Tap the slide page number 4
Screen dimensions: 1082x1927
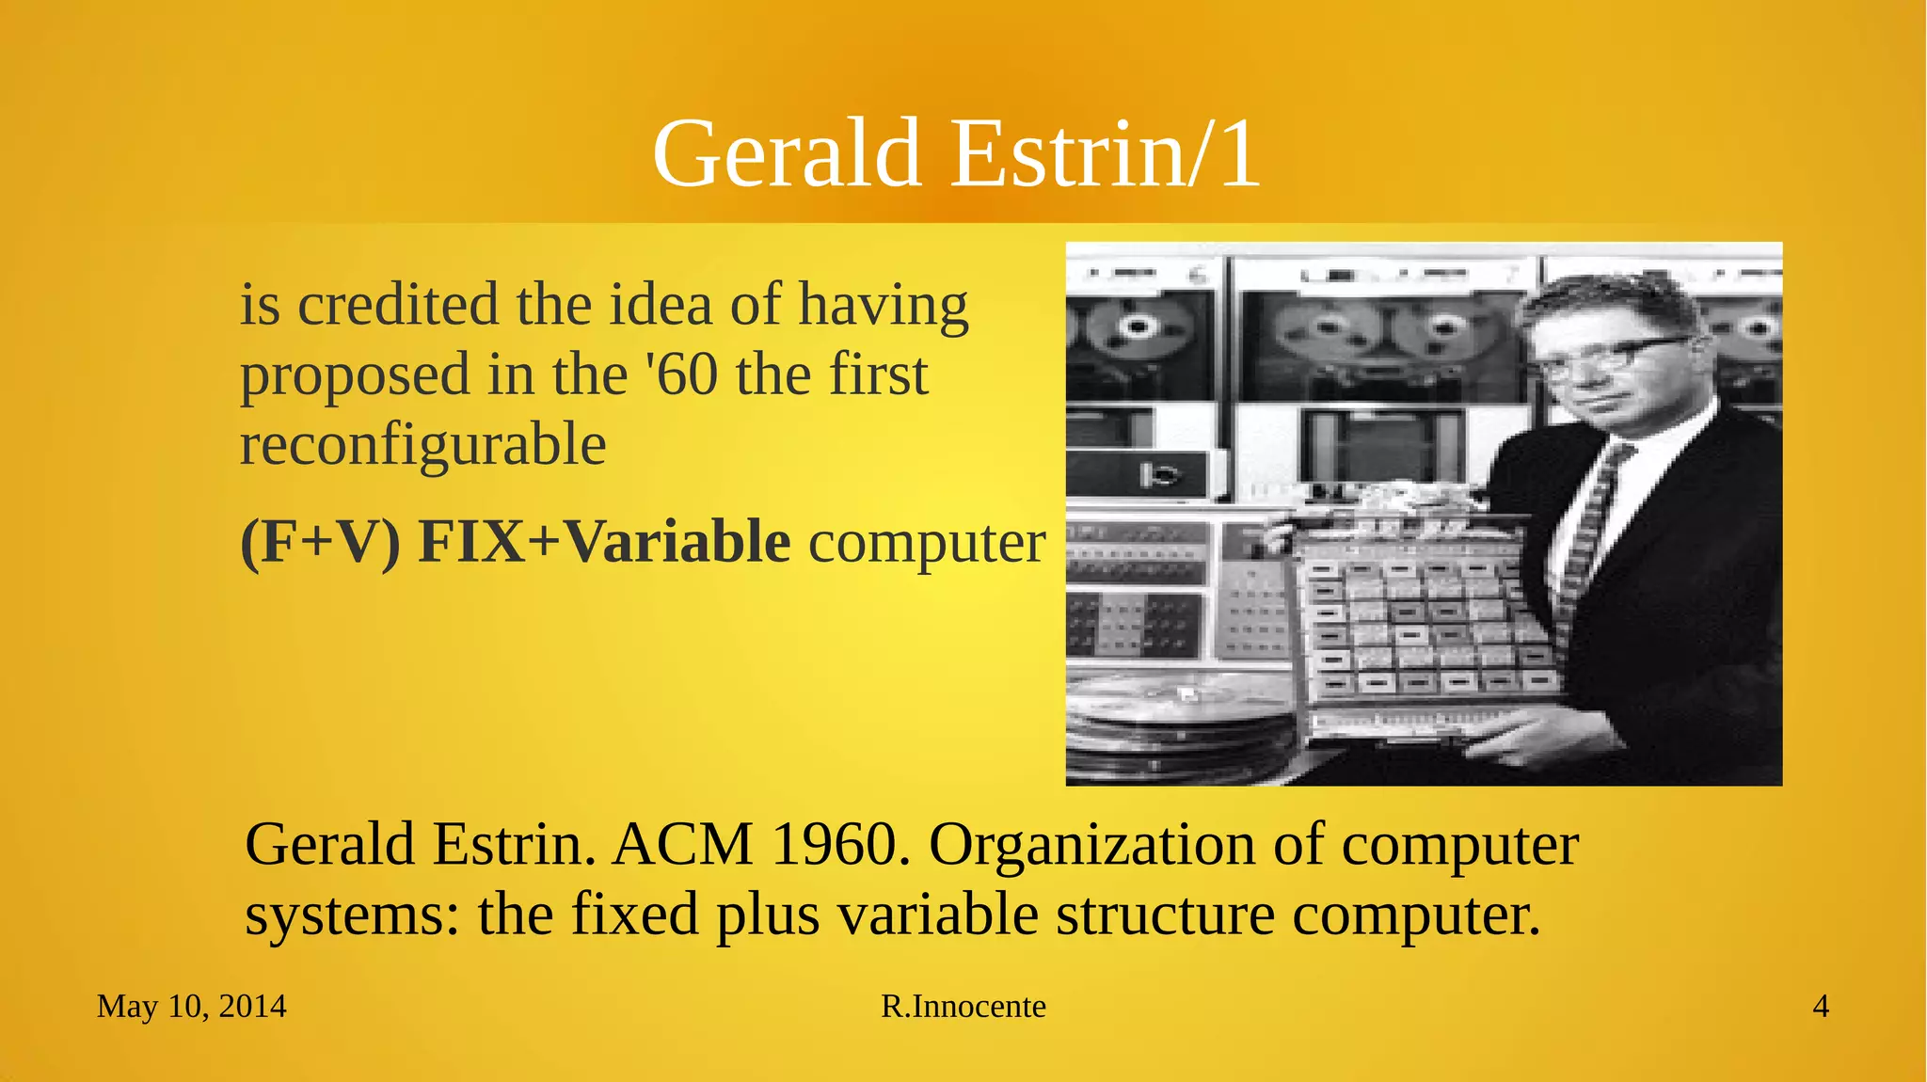[x=1821, y=1007]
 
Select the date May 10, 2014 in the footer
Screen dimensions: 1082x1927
[x=192, y=1007]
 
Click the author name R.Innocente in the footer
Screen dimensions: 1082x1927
[x=963, y=1007]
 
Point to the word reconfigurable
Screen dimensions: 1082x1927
[x=422, y=444]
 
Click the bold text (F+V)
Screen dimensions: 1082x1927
[x=320, y=542]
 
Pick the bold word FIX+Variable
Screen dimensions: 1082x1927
[x=604, y=542]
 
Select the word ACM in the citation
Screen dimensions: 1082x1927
[x=682, y=844]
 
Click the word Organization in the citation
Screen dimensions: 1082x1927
[x=1091, y=846]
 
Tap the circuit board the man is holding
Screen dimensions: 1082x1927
[x=1430, y=621]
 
